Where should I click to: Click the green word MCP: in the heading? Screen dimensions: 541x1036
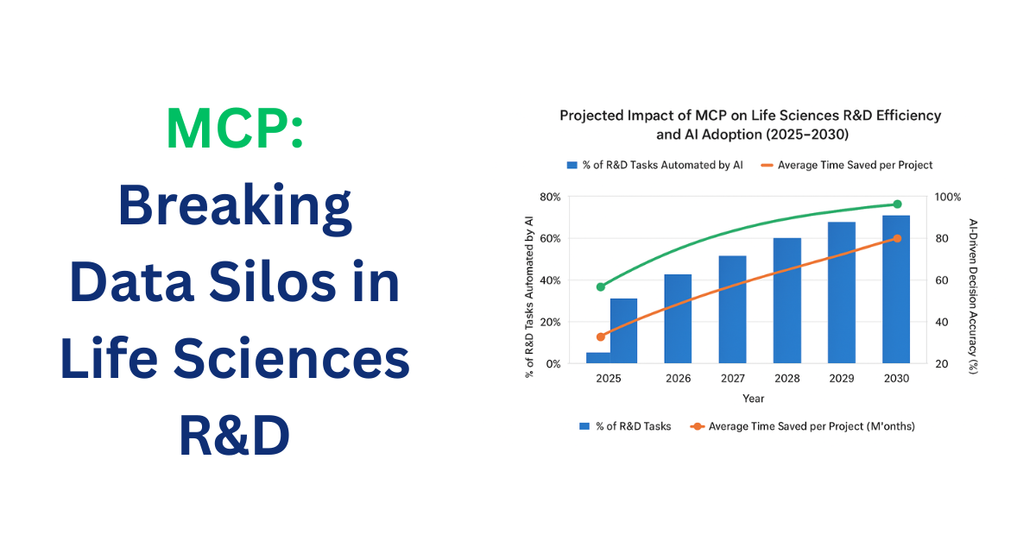pos(234,129)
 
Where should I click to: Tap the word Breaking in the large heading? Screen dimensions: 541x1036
pos(234,206)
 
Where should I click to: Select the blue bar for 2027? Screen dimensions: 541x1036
pos(732,309)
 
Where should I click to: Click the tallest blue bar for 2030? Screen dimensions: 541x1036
pos(896,289)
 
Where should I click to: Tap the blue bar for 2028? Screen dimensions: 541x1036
pos(786,300)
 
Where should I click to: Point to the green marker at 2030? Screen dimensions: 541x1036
pos(897,204)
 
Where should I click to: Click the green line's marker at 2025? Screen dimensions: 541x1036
pos(601,286)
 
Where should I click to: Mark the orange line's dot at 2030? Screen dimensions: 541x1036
pos(897,238)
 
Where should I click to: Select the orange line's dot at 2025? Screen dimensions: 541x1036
pos(601,337)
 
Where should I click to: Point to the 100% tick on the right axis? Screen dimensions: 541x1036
pos(948,197)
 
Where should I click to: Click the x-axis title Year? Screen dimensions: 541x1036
pos(753,399)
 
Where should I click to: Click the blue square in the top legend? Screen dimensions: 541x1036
pos(571,165)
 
